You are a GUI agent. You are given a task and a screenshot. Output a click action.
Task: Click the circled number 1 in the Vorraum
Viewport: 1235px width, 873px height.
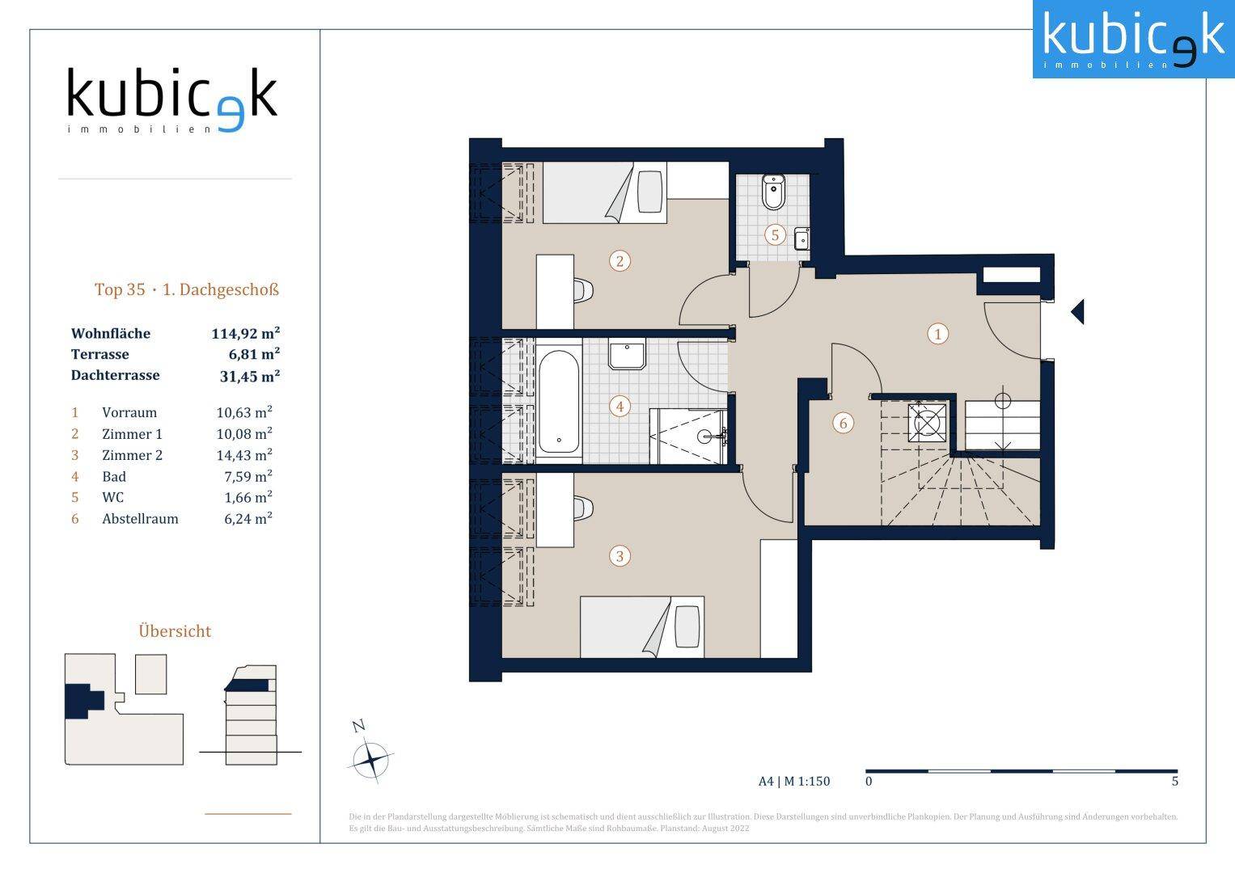click(938, 334)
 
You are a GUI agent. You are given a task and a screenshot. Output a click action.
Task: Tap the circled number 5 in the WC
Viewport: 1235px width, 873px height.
click(775, 235)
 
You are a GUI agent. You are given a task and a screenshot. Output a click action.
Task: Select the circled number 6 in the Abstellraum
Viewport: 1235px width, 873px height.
click(843, 424)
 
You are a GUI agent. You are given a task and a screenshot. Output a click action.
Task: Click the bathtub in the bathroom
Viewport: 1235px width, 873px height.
click(559, 401)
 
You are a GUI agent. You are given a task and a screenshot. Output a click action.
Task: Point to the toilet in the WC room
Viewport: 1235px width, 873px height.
click(773, 192)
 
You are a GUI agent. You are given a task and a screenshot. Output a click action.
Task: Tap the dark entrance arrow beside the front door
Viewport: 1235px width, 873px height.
click(1077, 312)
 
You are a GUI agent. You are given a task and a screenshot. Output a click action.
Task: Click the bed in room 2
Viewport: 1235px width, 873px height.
click(605, 192)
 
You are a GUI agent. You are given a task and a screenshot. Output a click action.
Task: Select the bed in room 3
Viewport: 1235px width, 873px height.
click(641, 626)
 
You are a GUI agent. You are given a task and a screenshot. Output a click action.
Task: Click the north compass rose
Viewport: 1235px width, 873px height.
click(370, 759)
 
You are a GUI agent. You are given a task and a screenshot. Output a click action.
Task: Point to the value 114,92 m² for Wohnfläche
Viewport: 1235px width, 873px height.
click(245, 333)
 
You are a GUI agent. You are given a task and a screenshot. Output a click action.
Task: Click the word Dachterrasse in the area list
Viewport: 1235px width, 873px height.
click(115, 375)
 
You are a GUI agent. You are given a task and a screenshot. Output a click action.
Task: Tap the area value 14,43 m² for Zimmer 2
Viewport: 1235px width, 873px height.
click(244, 454)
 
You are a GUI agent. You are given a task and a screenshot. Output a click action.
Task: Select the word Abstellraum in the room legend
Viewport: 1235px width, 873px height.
click(140, 519)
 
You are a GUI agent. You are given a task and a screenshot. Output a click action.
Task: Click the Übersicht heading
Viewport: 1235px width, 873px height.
click(175, 630)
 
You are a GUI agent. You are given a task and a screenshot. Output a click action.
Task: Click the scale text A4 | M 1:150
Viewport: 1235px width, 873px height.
click(794, 781)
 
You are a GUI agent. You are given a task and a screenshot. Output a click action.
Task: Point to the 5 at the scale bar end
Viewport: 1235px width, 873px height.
click(1175, 781)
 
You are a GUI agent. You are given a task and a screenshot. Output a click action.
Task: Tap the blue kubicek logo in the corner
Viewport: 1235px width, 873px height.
click(1134, 39)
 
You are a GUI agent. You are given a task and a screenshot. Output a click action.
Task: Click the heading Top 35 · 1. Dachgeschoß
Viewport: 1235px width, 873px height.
click(186, 289)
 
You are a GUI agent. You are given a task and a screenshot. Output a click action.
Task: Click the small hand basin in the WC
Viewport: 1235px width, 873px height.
click(801, 238)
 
